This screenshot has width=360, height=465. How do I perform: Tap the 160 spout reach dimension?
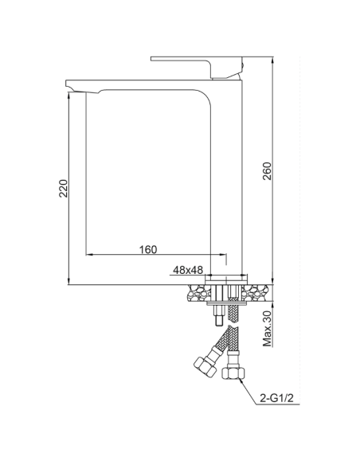[x=147, y=249]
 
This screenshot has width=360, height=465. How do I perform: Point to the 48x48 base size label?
[x=185, y=269]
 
